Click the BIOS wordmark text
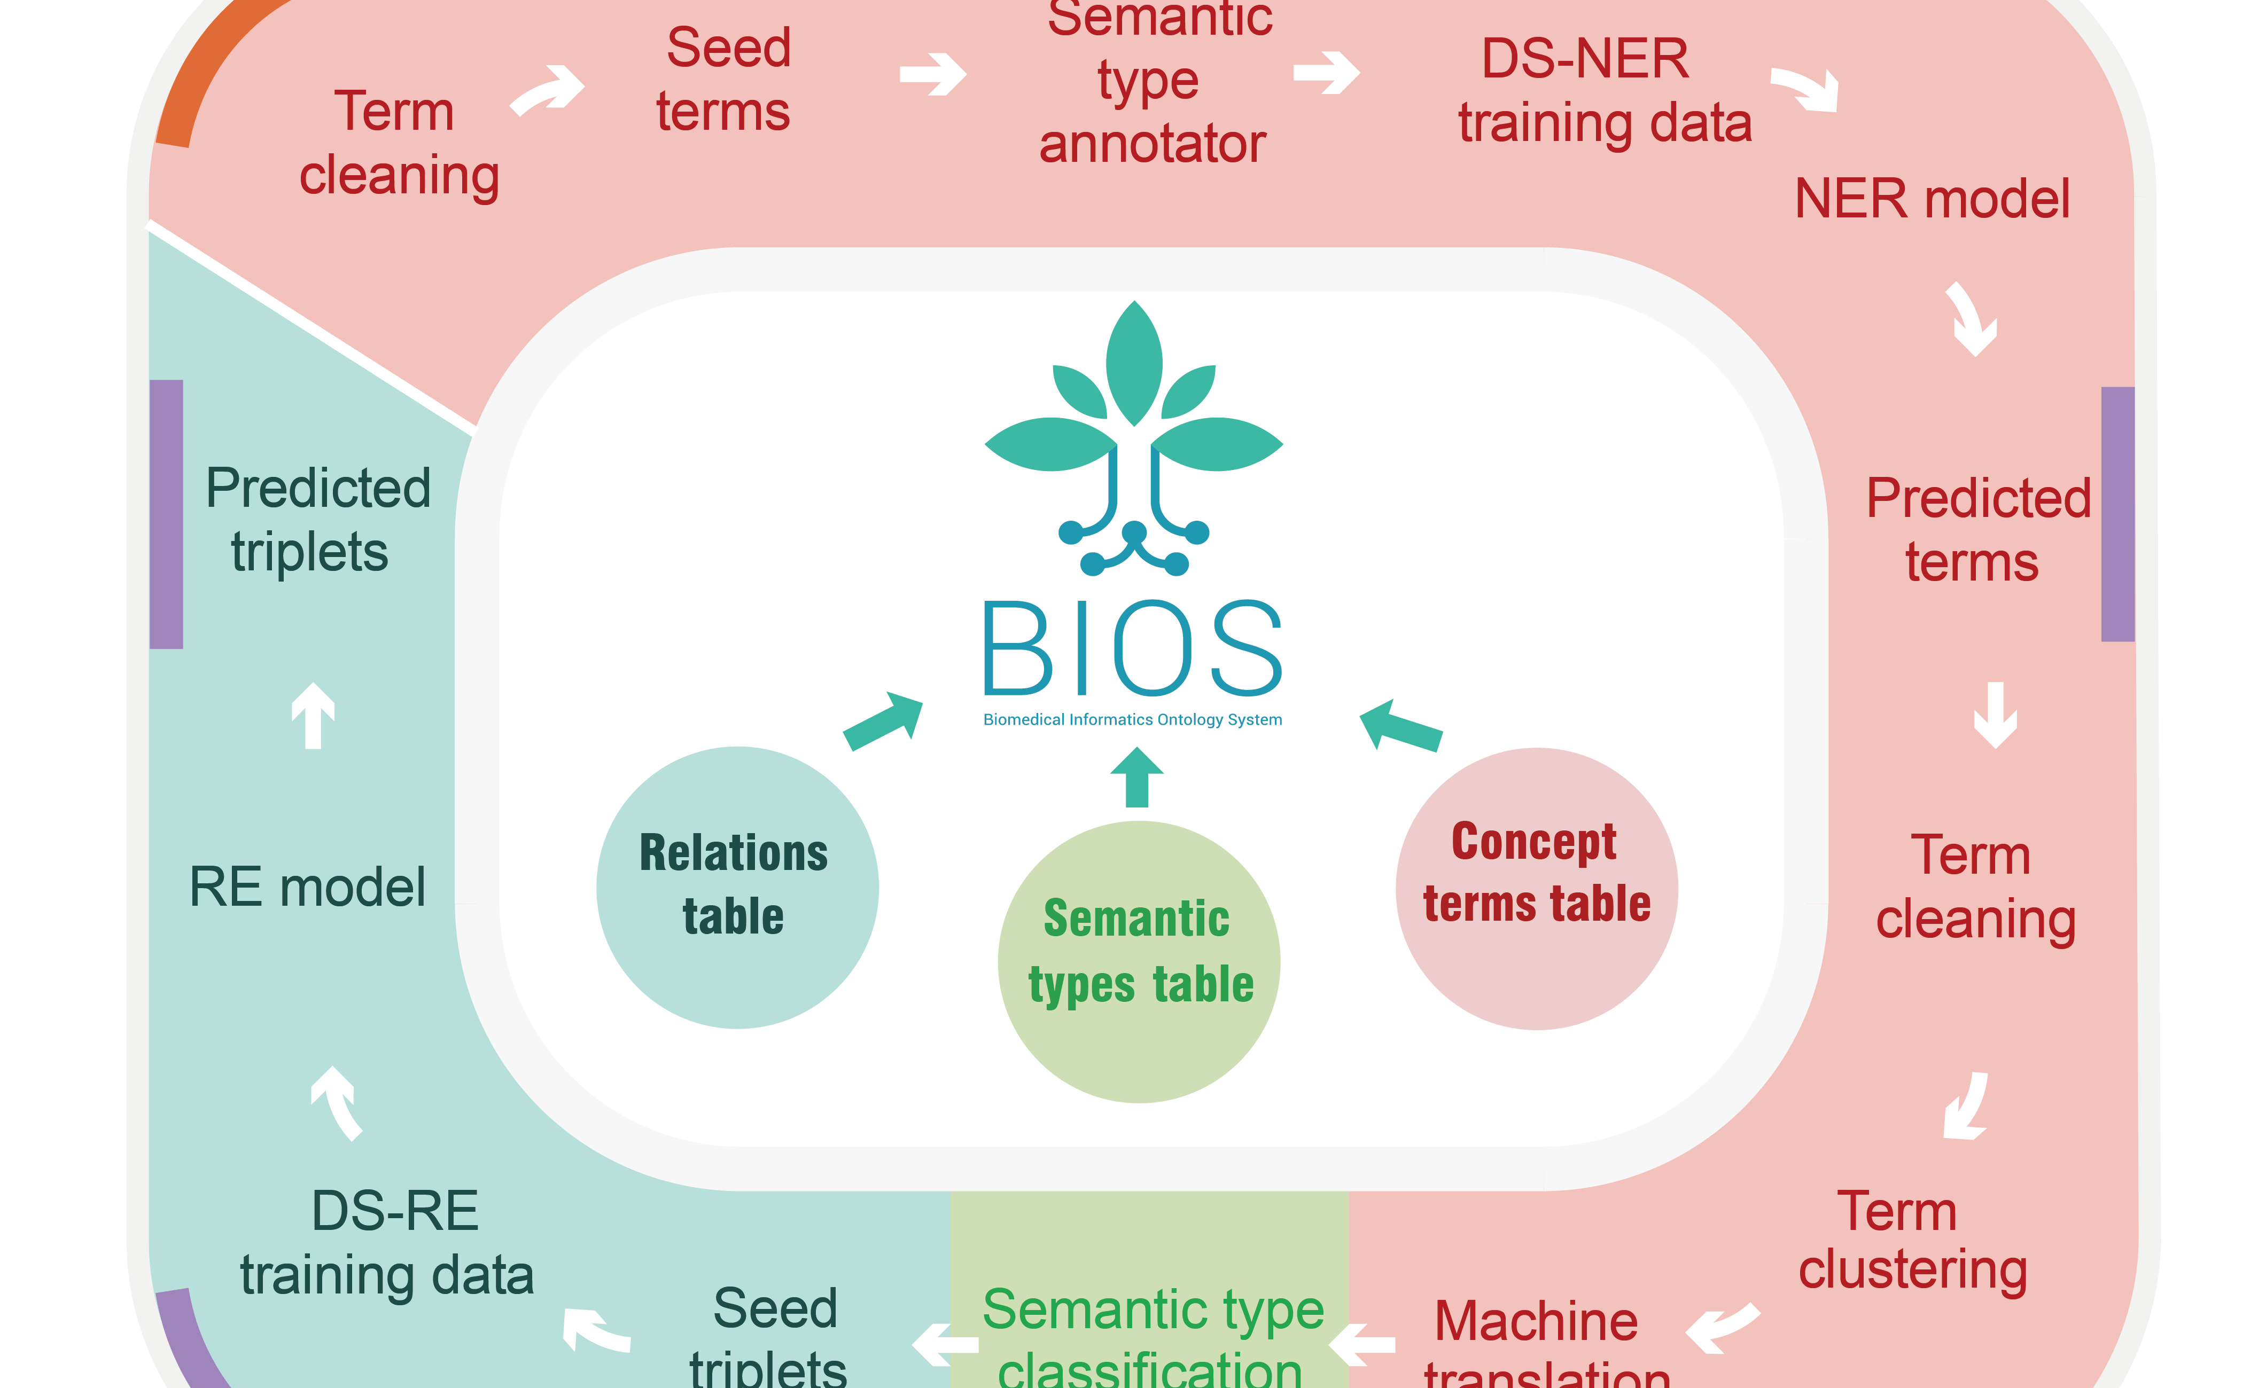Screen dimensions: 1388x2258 point(1132,648)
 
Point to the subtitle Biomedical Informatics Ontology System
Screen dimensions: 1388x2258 point(1132,720)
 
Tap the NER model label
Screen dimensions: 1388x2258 point(1931,199)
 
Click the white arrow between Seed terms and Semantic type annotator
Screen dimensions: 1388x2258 point(932,74)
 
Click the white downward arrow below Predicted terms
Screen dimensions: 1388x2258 point(1995,714)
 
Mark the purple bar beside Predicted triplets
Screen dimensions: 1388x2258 point(166,514)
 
